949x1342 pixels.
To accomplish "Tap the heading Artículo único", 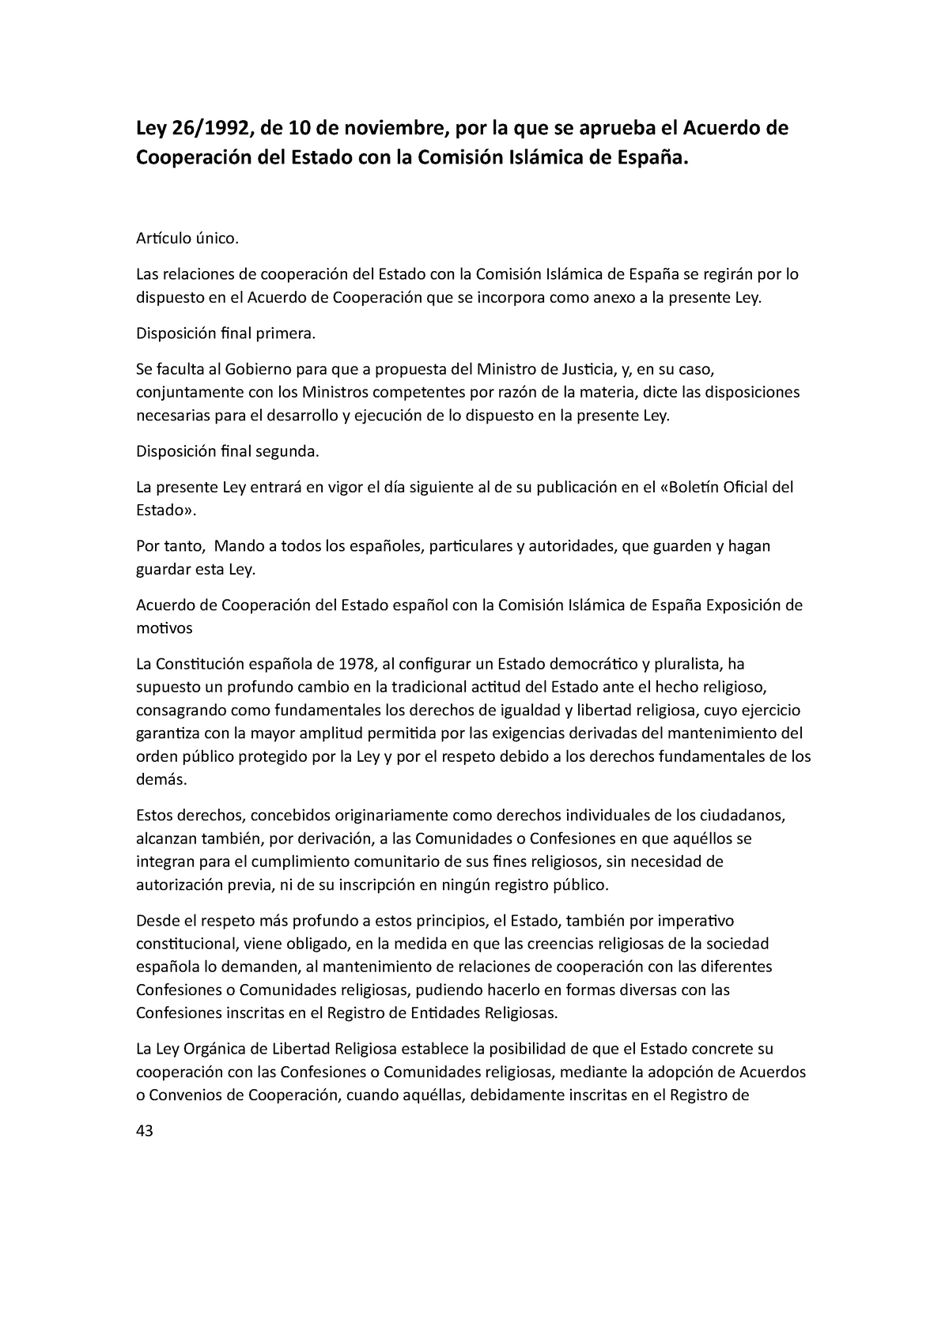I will (x=187, y=238).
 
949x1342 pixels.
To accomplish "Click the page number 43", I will (x=145, y=1131).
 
